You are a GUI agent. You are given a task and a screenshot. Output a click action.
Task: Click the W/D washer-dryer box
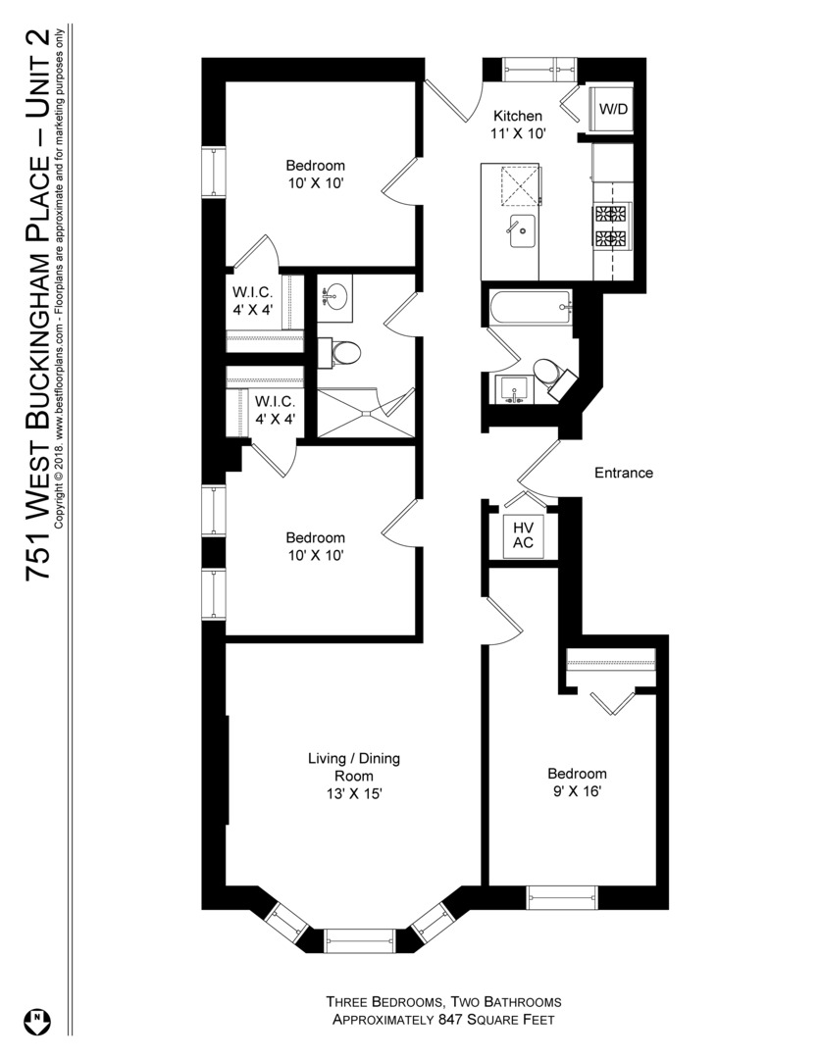point(614,109)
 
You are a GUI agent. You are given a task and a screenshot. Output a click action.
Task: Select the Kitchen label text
point(518,116)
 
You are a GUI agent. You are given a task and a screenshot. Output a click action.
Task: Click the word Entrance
point(624,473)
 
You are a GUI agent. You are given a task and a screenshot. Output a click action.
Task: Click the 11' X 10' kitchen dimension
point(519,134)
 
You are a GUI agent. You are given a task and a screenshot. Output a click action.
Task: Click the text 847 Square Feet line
point(444,1020)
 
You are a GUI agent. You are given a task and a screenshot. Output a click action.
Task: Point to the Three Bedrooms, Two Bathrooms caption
point(444,1002)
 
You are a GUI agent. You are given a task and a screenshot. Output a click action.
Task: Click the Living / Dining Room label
point(354,767)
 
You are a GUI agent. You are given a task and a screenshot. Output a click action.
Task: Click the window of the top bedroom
point(213,174)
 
